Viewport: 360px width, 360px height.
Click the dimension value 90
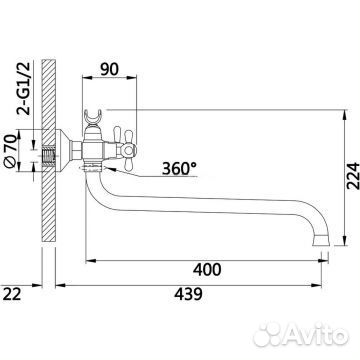pyautogui.click(x=109, y=69)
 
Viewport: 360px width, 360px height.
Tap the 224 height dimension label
pyautogui.click(x=353, y=176)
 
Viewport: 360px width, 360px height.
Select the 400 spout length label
pyautogui.click(x=207, y=269)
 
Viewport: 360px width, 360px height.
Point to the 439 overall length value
pyautogui.click(x=188, y=294)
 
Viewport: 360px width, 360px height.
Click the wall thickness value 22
pyautogui.click(x=12, y=294)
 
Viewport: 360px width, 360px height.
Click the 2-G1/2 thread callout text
pyautogui.click(x=24, y=88)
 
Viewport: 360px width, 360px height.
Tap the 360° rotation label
pyautogui.click(x=179, y=168)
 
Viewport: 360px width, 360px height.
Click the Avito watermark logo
pyautogui.click(x=301, y=334)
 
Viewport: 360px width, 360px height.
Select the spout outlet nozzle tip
pyautogui.click(x=321, y=240)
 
